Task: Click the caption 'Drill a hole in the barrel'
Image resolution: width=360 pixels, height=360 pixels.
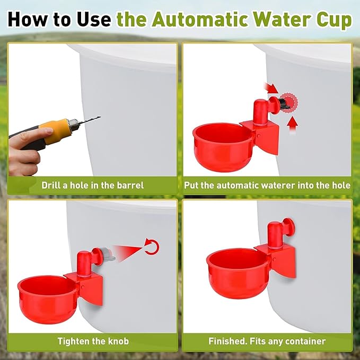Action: tap(93, 186)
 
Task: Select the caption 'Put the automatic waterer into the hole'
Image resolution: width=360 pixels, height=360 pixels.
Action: tap(267, 186)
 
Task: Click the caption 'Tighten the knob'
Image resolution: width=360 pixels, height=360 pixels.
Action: tap(93, 341)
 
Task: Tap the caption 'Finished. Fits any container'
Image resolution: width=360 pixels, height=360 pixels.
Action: tap(267, 341)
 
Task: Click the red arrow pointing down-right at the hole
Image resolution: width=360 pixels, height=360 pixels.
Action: tap(272, 87)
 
